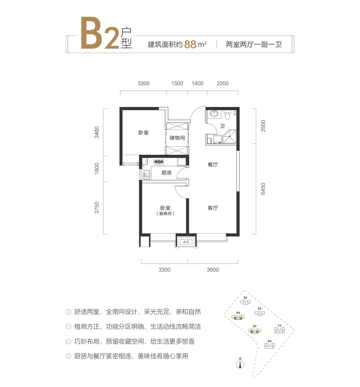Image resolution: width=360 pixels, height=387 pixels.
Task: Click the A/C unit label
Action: pyautogui.click(x=186, y=242)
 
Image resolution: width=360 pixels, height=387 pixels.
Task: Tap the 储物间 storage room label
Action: pyautogui.click(x=177, y=138)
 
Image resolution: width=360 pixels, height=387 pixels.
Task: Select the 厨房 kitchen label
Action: pyautogui.click(x=166, y=173)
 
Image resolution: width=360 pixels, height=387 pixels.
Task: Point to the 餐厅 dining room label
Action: pyautogui.click(x=213, y=164)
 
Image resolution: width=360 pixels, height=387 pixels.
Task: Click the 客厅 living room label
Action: pyautogui.click(x=213, y=208)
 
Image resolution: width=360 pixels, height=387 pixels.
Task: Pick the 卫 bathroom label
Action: pyautogui.click(x=222, y=126)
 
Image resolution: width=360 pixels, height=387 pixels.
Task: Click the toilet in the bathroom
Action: pyautogui.click(x=227, y=115)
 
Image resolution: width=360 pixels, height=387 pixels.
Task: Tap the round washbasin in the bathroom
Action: pyautogui.click(x=214, y=114)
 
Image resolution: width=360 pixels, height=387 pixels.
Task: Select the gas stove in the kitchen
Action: pyautogui.click(x=159, y=162)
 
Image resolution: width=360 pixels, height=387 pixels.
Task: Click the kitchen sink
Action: pyautogui.click(x=147, y=174)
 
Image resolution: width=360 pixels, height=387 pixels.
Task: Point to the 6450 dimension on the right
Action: pyautogui.click(x=263, y=189)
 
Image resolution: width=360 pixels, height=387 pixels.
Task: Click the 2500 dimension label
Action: pyautogui.click(x=263, y=126)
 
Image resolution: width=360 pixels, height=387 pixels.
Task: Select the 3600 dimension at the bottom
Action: pyautogui.click(x=213, y=270)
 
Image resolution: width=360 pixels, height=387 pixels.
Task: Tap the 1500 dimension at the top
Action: pyautogui.click(x=177, y=84)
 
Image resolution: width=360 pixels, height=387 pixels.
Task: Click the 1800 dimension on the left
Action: pyautogui.click(x=97, y=168)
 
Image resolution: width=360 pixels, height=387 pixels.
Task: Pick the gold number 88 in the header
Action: pyautogui.click(x=190, y=45)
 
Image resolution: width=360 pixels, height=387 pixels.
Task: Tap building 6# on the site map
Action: pyautogui.click(x=269, y=345)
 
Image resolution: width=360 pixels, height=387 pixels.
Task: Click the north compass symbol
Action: pyautogui.click(x=240, y=364)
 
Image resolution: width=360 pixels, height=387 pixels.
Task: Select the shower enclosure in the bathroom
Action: pyautogui.click(x=230, y=136)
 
